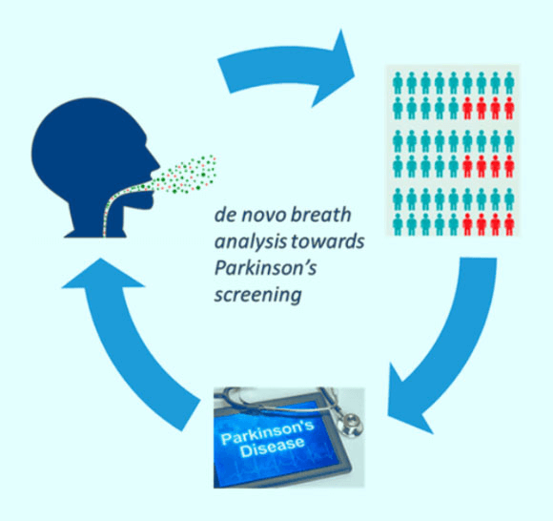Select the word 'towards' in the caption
[x=328, y=241]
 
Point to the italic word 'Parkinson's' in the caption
[x=265, y=268]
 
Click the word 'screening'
[x=258, y=295]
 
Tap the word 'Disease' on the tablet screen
[x=273, y=447]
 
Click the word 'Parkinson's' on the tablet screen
[x=267, y=431]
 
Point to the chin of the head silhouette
[x=149, y=202]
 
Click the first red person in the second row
[x=467, y=108]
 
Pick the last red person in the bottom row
[x=509, y=224]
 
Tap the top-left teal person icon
[x=398, y=83]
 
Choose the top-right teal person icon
[x=509, y=83]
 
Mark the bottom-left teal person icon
[x=398, y=224]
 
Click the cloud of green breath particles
[x=183, y=175]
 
